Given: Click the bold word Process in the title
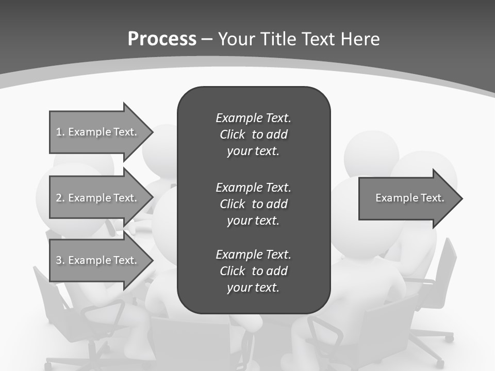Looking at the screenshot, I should pyautogui.click(x=162, y=39).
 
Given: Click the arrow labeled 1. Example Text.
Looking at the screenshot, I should pyautogui.click(x=98, y=132).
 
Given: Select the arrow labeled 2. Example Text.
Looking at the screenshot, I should pyautogui.click(x=98, y=198).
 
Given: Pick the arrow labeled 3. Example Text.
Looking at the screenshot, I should pyautogui.click(x=98, y=260).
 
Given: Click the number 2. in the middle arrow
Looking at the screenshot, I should pyautogui.click(x=60, y=198).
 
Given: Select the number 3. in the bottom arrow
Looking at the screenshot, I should pyautogui.click(x=60, y=260).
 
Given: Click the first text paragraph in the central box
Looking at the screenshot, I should pyautogui.click(x=253, y=134).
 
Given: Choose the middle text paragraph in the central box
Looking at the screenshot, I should pyautogui.click(x=253, y=204).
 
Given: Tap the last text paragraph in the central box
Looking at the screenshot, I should pyautogui.click(x=253, y=271).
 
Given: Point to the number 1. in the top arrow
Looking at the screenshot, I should pyautogui.click(x=60, y=132).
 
